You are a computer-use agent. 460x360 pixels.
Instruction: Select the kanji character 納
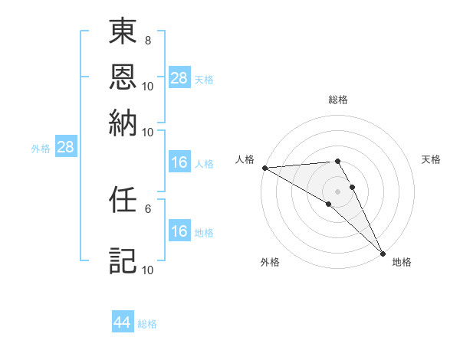(x=123, y=121)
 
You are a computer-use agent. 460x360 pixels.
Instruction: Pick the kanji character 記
(x=123, y=260)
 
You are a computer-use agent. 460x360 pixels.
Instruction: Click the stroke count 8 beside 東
(x=148, y=39)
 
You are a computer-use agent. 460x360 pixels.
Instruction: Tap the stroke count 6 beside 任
(x=148, y=208)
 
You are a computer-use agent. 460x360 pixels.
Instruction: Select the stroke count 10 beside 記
(x=148, y=270)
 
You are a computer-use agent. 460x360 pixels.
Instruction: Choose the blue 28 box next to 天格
(x=179, y=78)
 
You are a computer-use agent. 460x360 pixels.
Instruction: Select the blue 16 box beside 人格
(x=179, y=162)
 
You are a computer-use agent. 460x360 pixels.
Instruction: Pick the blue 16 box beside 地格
(x=179, y=231)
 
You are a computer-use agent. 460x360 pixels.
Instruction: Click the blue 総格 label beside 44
(x=147, y=324)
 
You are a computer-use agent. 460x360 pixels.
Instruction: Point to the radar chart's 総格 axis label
(x=338, y=100)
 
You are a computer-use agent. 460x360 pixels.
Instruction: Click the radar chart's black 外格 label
(x=270, y=262)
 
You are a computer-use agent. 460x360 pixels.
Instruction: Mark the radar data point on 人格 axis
(x=264, y=168)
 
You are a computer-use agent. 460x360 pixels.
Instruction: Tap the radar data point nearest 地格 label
(x=383, y=254)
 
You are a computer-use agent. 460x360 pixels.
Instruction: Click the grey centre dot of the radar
(x=337, y=191)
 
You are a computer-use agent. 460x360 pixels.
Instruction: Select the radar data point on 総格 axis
(x=337, y=161)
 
